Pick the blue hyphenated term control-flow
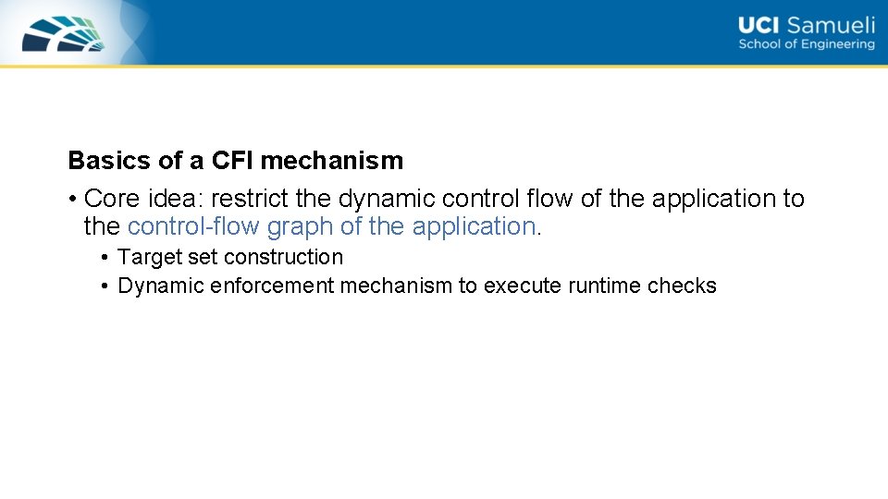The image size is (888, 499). pyautogui.click(x=193, y=226)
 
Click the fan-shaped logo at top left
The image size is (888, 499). pyautogui.click(x=63, y=33)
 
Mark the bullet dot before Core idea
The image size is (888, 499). pyautogui.click(x=72, y=200)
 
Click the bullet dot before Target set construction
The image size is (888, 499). pyautogui.click(x=106, y=258)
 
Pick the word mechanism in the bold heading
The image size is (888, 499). pyautogui.click(x=332, y=161)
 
